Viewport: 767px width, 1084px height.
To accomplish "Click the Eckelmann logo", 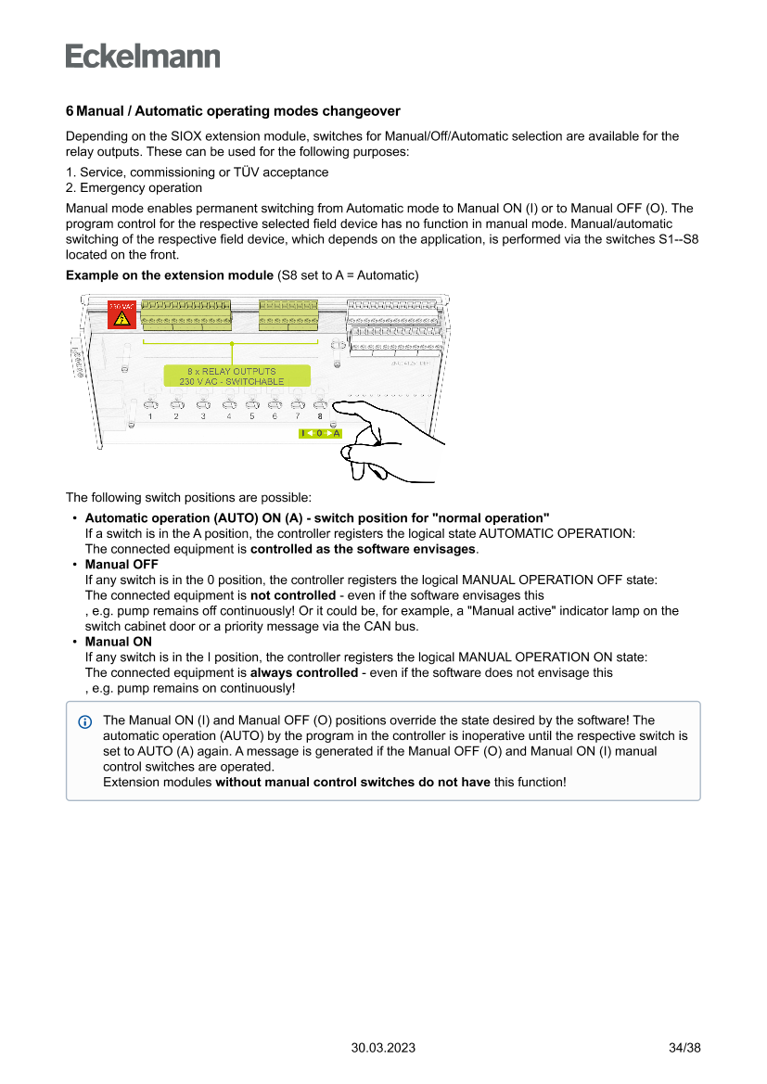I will coord(143,56).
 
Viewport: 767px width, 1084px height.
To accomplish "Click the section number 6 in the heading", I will coord(70,111).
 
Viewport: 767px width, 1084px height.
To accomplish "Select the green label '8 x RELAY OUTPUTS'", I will coord(232,371).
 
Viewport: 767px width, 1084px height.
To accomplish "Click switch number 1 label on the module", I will coord(150,416).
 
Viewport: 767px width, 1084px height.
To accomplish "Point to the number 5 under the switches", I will coord(251,416).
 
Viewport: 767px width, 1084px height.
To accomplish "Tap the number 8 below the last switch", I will coord(320,416).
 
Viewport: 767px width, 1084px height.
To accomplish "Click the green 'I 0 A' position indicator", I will coord(320,433).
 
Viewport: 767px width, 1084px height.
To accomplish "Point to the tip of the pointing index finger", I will coord(335,405).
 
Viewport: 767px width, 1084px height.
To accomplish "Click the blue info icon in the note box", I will coord(85,721).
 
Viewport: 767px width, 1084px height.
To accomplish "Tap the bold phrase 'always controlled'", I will coord(303,672).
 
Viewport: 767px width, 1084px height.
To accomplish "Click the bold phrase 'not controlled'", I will coord(292,595).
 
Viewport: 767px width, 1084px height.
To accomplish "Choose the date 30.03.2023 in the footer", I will coord(383,1048).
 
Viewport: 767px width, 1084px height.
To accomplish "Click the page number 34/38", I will coord(684,1048).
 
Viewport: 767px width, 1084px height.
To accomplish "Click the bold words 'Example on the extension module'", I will coord(170,275).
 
